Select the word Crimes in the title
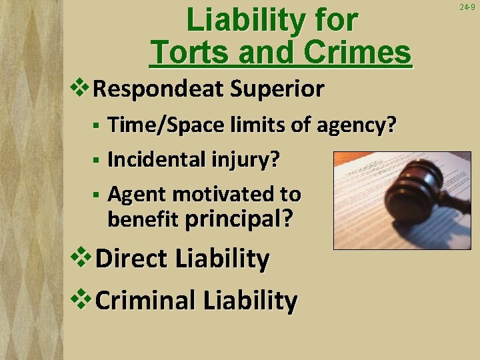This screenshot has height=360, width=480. (x=359, y=52)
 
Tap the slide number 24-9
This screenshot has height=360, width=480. (x=467, y=7)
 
